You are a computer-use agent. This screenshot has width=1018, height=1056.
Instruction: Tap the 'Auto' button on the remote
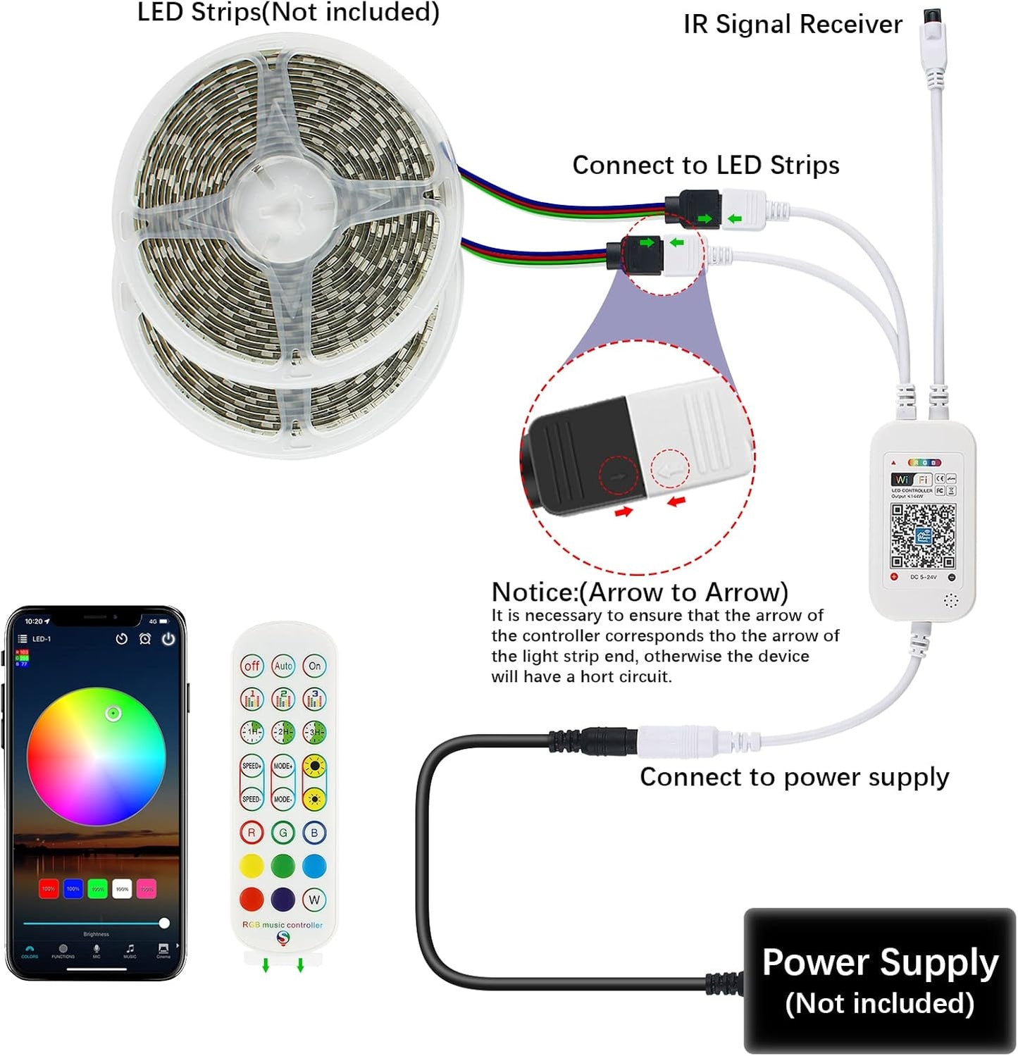click(283, 666)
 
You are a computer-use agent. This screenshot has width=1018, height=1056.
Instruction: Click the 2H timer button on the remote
click(283, 732)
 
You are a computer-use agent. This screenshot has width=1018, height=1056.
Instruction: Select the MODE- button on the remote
click(283, 799)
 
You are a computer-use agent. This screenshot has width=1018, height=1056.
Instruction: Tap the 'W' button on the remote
click(314, 899)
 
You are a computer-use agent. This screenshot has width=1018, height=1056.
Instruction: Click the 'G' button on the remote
click(283, 833)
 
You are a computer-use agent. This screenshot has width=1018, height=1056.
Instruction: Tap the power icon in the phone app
click(168, 639)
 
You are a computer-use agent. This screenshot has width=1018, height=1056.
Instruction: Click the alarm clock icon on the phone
click(145, 639)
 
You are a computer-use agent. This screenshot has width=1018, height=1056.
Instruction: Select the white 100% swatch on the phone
click(122, 888)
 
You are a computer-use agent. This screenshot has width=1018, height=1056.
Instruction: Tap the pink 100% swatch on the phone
click(147, 888)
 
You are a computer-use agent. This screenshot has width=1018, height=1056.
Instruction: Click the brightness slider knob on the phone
click(164, 923)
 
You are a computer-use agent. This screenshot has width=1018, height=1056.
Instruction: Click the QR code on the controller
click(922, 535)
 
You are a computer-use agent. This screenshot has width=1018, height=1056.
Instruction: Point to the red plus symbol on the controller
click(894, 577)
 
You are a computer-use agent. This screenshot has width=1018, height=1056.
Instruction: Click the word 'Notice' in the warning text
click(533, 592)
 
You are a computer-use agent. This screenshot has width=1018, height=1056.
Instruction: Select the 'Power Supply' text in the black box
click(880, 962)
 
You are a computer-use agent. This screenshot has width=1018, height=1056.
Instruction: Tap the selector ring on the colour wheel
click(113, 714)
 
